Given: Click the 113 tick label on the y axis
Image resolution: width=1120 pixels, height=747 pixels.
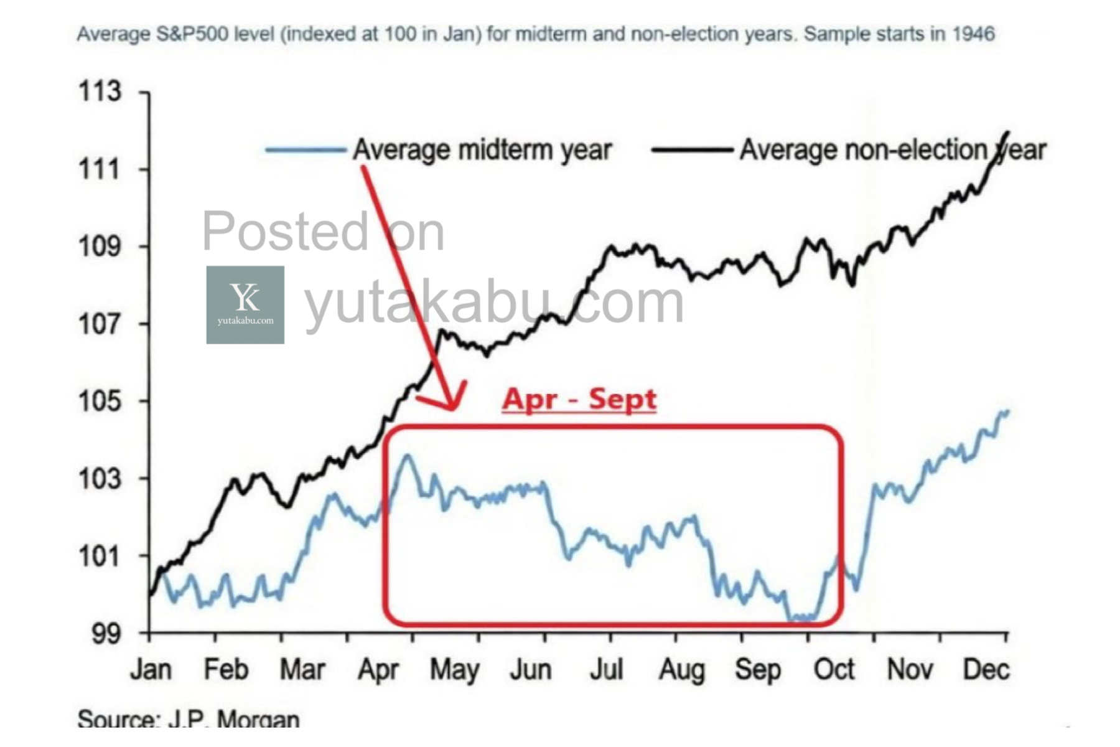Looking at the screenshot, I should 100,92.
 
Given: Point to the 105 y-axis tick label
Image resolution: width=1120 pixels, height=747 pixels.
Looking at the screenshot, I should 100,402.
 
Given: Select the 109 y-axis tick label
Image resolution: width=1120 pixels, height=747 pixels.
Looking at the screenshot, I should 100,247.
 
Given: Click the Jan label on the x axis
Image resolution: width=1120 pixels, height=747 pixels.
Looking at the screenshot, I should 151,670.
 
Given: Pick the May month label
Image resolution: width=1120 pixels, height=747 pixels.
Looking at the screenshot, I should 455,670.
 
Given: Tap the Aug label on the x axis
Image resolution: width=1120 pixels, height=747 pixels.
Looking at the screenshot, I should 682,670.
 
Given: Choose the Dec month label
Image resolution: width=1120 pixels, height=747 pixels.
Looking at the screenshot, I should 986,670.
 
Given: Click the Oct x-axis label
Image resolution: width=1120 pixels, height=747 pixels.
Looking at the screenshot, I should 834,670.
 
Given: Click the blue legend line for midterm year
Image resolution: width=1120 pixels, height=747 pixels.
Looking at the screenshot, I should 305,149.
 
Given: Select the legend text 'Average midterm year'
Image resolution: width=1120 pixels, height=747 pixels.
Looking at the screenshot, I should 482,150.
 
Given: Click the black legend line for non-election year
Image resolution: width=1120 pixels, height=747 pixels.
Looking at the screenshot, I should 692,149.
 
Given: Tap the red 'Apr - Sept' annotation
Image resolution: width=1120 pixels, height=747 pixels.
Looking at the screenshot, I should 579,399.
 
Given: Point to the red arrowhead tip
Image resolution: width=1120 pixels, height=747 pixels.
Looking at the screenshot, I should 452,409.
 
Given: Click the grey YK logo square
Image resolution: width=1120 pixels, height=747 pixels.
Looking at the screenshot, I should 245,305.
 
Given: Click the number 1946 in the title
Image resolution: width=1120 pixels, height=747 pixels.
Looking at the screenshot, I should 973,34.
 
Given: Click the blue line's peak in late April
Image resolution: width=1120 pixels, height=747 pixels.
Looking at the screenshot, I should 408,456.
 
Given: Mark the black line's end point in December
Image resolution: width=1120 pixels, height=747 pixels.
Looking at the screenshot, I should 1008,132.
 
